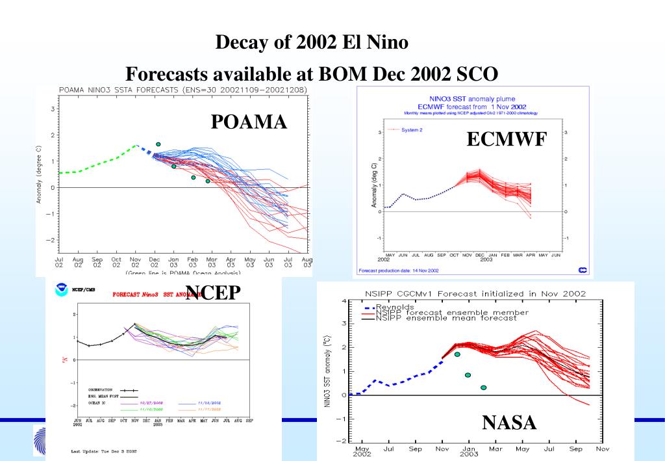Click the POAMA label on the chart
(249, 121)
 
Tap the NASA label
(510, 423)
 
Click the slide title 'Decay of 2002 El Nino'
(312, 44)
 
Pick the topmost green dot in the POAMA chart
(158, 144)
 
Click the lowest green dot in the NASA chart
(483, 388)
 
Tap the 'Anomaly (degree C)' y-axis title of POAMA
(40, 174)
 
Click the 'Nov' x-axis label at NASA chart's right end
(603, 449)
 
